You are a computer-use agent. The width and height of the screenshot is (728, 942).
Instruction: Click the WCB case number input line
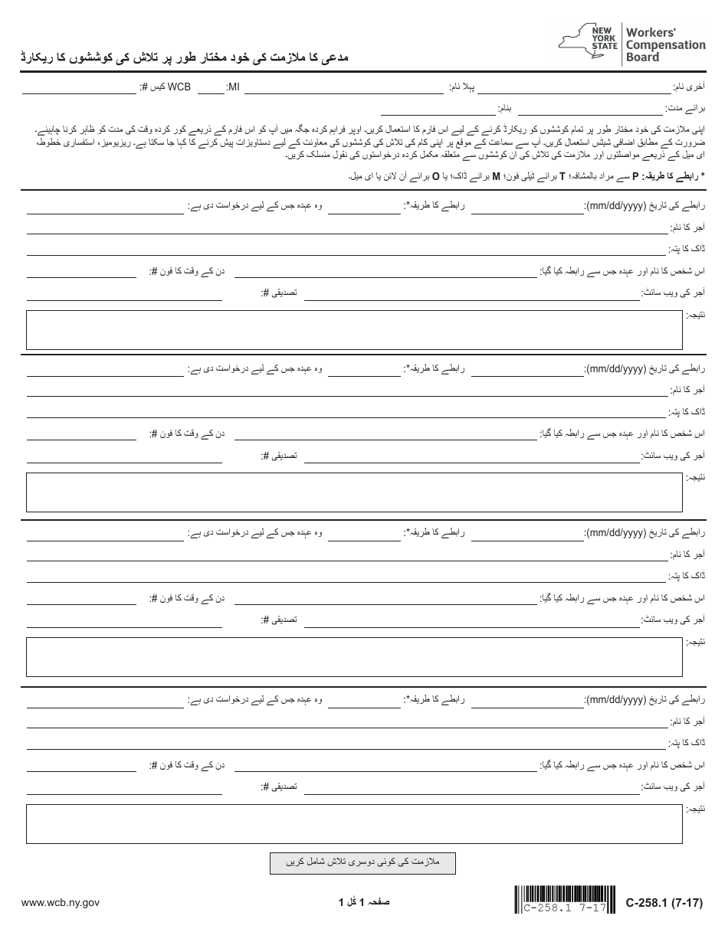[79, 89]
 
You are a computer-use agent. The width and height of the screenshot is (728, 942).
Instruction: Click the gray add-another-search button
[362, 863]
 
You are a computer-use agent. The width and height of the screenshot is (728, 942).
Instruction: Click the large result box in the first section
[354, 330]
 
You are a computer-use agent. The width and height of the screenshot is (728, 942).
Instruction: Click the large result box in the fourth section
[354, 824]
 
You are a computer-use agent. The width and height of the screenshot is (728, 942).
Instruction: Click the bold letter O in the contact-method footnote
[436, 176]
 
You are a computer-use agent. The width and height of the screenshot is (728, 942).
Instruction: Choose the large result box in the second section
[354, 492]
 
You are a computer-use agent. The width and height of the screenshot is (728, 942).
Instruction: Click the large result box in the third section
[354, 657]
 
